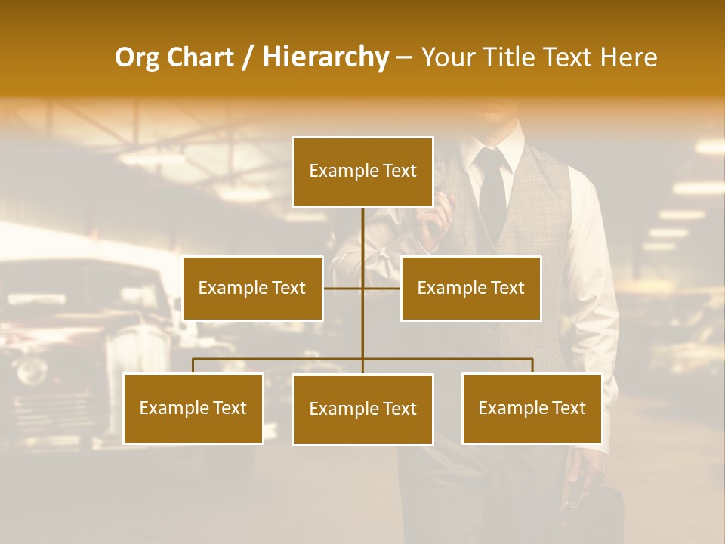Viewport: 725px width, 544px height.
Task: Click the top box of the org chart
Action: pyautogui.click(x=362, y=172)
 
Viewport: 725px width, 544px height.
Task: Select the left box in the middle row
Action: pyautogui.click(x=252, y=288)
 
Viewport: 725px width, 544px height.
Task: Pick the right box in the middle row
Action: pyautogui.click(x=470, y=288)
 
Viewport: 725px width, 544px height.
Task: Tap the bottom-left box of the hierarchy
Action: pyautogui.click(x=193, y=408)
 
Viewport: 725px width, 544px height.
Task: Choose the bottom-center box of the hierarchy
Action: pyautogui.click(x=362, y=409)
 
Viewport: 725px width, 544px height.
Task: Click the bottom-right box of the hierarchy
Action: pyautogui.click(x=532, y=408)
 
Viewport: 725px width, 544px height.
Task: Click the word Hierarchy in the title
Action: pyautogui.click(x=325, y=57)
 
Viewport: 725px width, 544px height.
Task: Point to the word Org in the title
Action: pyautogui.click(x=137, y=57)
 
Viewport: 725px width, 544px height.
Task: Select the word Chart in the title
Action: pyautogui.click(x=200, y=57)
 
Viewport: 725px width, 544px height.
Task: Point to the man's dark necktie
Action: pyautogui.click(x=492, y=189)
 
